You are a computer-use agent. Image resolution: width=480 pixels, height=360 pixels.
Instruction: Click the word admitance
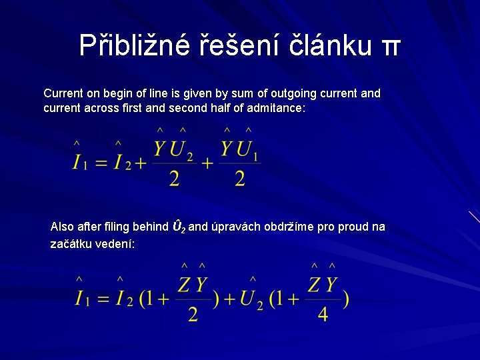pos(273,107)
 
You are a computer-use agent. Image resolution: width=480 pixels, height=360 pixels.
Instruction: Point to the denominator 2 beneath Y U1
pos(239,179)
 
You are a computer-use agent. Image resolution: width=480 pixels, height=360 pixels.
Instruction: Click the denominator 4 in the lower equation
pos(323,313)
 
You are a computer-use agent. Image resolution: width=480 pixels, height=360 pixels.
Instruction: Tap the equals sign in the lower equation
pos(103,299)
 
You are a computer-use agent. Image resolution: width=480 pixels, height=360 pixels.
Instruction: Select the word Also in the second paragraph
pos(63,227)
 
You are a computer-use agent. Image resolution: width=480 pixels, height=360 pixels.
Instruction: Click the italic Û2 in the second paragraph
pos(179,227)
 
